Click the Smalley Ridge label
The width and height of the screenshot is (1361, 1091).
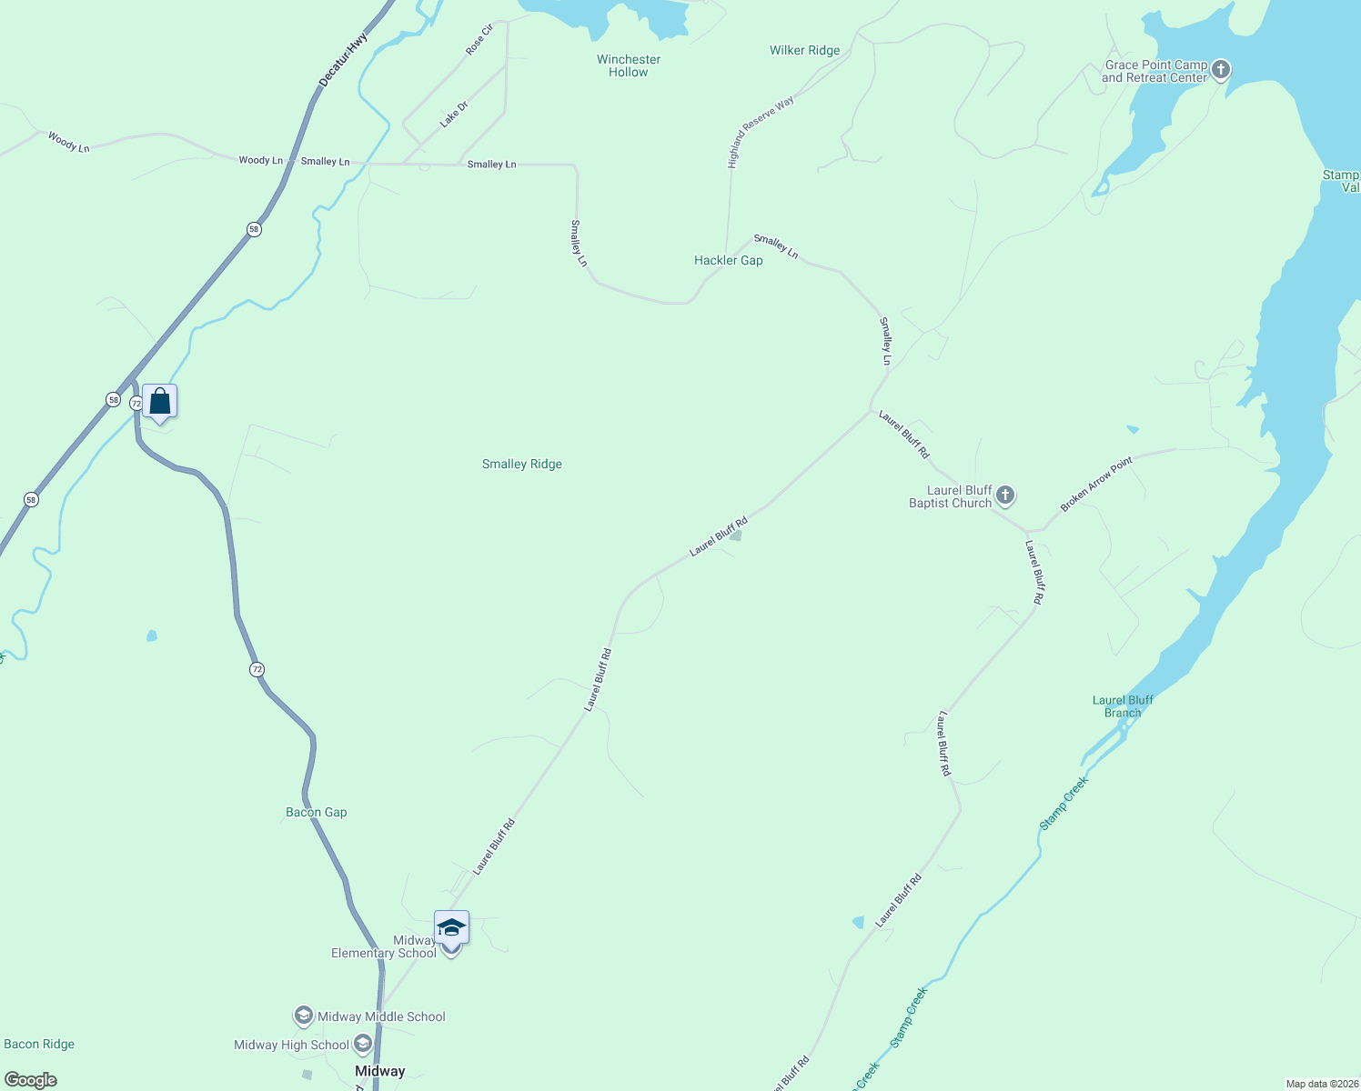click(521, 464)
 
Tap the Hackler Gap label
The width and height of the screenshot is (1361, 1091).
click(728, 260)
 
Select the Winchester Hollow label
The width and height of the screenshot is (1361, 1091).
click(629, 65)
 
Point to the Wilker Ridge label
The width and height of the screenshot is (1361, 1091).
click(804, 50)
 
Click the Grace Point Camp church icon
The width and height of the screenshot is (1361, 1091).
click(1221, 69)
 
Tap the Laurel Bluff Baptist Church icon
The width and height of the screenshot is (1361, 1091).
click(1004, 495)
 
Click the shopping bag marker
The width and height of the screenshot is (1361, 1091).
click(160, 401)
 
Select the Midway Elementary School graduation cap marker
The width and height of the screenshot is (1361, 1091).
click(451, 928)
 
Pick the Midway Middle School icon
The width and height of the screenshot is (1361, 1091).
click(303, 1016)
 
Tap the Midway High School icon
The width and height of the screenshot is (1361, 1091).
click(363, 1044)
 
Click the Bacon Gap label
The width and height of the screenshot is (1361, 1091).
click(317, 812)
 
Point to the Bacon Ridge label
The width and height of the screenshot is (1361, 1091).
click(39, 1044)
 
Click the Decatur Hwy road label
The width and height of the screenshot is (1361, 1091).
click(344, 61)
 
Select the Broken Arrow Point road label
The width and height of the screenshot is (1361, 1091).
click(1096, 484)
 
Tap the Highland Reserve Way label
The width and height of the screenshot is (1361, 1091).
click(761, 132)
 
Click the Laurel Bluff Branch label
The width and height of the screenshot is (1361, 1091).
click(1123, 706)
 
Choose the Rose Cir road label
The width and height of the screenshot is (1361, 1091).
click(479, 40)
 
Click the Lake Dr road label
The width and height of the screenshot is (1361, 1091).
click(453, 114)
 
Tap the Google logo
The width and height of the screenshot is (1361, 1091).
click(31, 1080)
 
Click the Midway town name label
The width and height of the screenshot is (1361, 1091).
click(379, 1071)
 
